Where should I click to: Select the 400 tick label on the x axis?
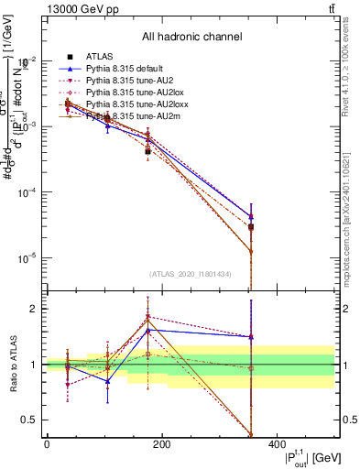(278, 444)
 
